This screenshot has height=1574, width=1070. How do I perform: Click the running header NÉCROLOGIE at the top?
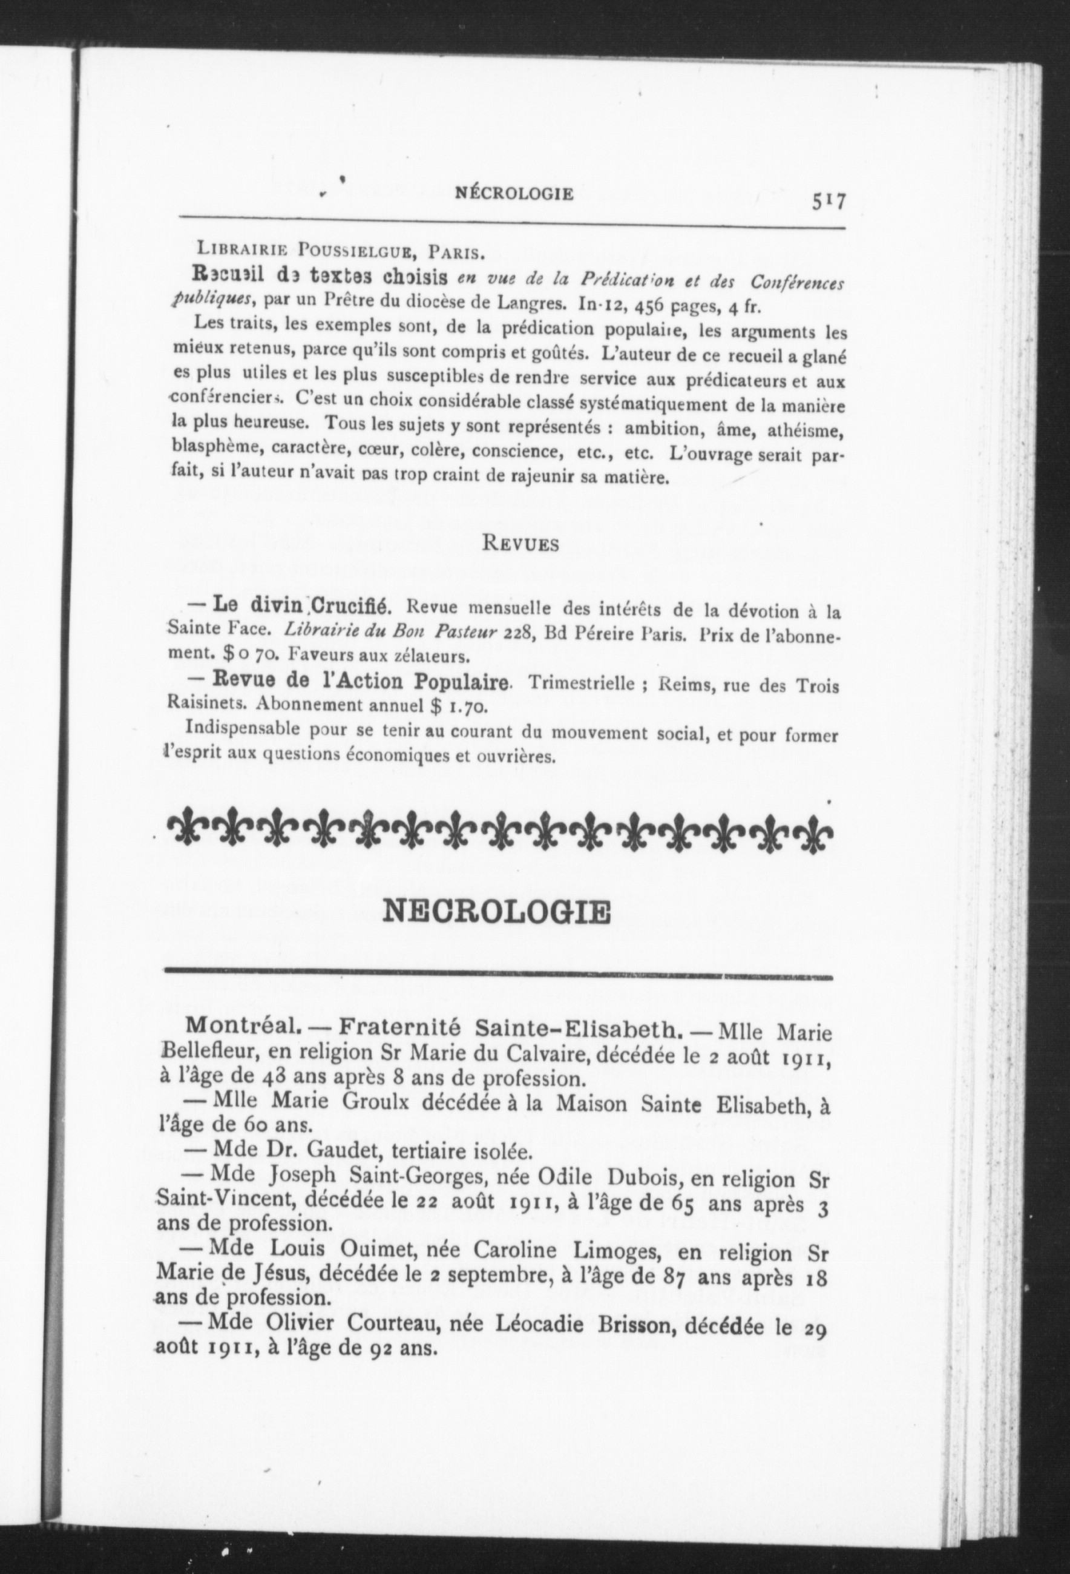click(x=514, y=194)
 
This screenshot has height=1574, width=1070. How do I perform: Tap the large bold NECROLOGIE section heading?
click(x=496, y=912)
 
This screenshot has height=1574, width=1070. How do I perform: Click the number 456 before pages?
click(x=653, y=306)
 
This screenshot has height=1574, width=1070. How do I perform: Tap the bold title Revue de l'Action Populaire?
click(x=361, y=680)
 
